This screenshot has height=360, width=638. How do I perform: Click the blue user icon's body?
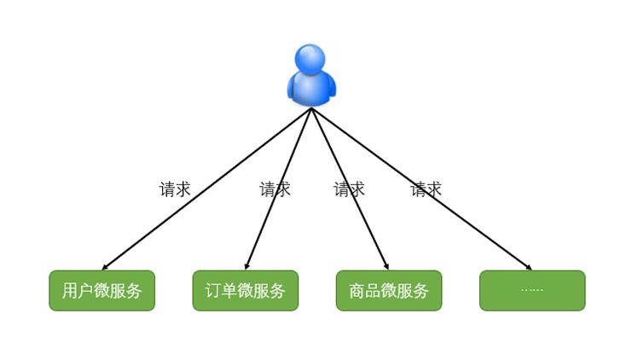click(310, 88)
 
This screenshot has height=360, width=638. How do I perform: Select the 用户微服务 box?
click(101, 291)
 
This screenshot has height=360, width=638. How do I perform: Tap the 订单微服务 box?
click(246, 291)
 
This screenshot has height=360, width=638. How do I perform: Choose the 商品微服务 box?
click(389, 291)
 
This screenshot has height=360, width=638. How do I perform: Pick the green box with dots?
click(532, 291)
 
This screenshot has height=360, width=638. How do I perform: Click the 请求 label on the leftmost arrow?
click(175, 189)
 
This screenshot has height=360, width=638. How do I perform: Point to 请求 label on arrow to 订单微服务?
click(275, 189)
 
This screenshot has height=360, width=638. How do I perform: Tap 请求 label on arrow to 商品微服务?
click(349, 189)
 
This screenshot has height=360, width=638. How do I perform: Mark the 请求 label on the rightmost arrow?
click(426, 189)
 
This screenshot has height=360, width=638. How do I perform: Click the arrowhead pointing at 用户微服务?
click(105, 267)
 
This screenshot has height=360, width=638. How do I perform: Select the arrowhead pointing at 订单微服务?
click(246, 266)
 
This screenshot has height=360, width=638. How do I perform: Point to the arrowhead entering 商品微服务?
click(386, 266)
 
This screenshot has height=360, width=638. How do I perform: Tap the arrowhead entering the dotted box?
click(529, 267)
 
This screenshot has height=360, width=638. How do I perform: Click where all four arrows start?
click(311, 108)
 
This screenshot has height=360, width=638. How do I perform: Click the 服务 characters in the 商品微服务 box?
click(413, 291)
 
